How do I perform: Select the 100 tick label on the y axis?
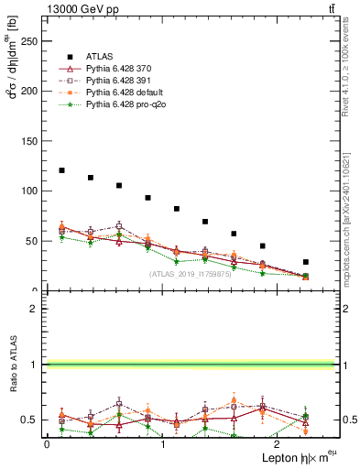pos(29,191)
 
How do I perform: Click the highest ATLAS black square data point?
pos(61,170)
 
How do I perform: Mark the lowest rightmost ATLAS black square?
pos(305,262)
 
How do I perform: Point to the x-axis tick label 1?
pos(162,443)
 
